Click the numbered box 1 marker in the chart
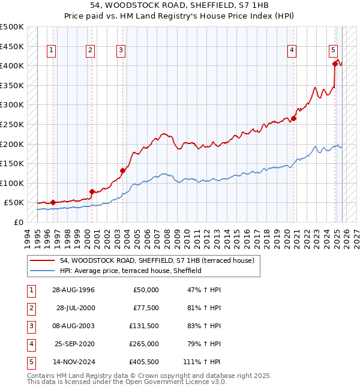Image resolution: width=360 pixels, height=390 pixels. coord(52,51)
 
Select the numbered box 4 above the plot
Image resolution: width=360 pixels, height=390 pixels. coord(292,51)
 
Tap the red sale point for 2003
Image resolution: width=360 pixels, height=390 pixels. coord(122,170)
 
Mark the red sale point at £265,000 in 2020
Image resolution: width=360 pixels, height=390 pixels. coord(294,118)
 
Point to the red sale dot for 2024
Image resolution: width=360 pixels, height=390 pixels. coord(335,63)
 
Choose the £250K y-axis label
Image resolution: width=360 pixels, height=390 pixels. coord(12,125)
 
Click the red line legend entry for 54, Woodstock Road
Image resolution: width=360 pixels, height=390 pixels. coord(157,260)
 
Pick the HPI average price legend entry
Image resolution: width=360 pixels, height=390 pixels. coord(130,271)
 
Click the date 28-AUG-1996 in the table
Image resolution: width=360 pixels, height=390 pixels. coord(73,290)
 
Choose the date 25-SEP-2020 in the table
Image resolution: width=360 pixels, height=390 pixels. coord(73,344)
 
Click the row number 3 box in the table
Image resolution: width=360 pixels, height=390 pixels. coord(29,326)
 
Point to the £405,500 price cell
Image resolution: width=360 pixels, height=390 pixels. coord(144,362)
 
